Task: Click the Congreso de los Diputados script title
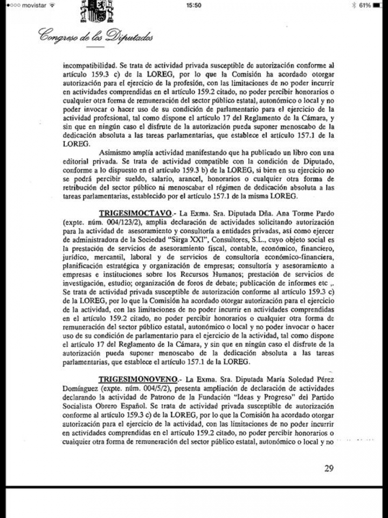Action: click(95, 37)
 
